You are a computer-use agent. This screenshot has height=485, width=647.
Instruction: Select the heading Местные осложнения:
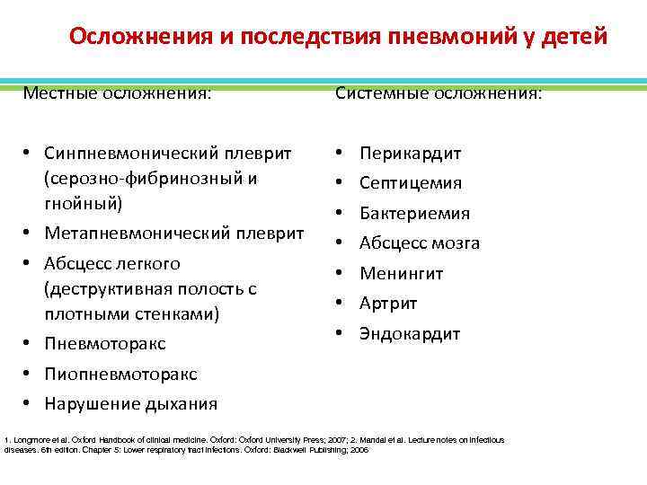click(118, 93)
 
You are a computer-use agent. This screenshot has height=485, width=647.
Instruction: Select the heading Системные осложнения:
click(439, 93)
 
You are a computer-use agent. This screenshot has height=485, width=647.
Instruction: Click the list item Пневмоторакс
click(106, 344)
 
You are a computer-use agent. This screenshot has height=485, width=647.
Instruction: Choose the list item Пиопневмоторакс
click(120, 374)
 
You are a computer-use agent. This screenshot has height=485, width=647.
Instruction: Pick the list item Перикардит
click(410, 154)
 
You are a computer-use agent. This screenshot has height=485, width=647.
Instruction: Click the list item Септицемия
click(411, 183)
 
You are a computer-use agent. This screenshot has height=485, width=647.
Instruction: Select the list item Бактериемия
click(414, 214)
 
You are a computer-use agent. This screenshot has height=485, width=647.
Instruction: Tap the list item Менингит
click(402, 274)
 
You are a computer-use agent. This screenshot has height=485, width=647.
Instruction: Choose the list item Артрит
click(388, 304)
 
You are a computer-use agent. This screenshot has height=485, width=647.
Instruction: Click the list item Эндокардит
click(410, 334)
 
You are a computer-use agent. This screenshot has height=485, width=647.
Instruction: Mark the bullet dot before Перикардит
click(341, 154)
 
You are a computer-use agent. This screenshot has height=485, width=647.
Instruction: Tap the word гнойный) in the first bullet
click(84, 204)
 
